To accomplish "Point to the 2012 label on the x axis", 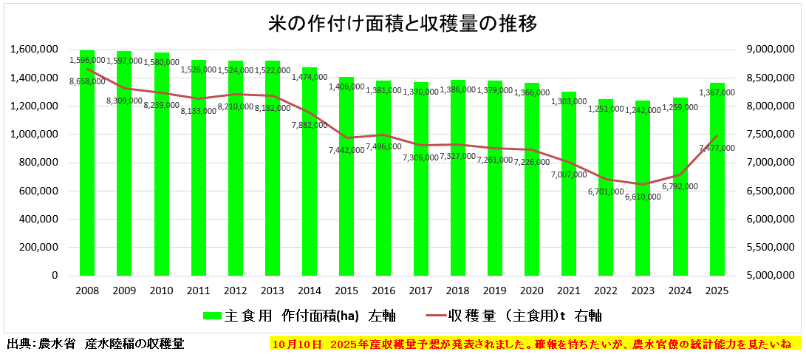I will click(235, 291).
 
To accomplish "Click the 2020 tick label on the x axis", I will click(531, 291).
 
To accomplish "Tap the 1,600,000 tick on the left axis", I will click(35, 50).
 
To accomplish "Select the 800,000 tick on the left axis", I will click(39, 163).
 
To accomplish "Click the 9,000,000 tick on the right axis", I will click(768, 50).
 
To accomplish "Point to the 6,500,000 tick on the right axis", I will click(768, 191).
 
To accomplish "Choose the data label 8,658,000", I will click(87, 81).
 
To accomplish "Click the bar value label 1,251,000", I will click(606, 109).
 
